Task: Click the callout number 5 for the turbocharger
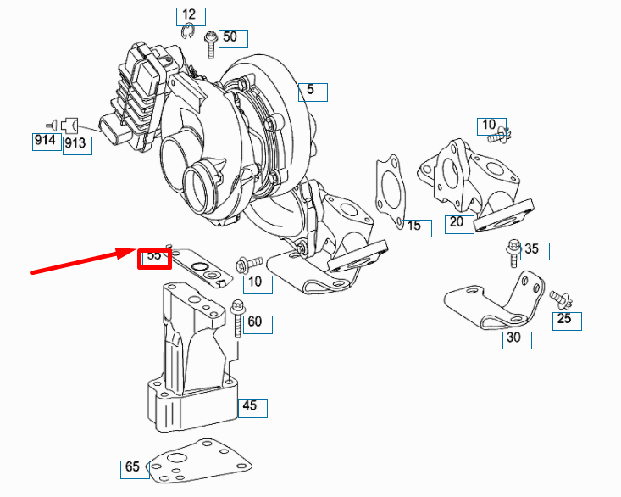(311, 90)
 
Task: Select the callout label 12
(189, 14)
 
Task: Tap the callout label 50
(231, 38)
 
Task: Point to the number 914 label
(45, 141)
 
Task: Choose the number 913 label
(75, 143)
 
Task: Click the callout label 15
(413, 226)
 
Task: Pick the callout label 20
(457, 222)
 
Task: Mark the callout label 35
(531, 249)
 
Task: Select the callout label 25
(564, 320)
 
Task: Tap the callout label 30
(513, 338)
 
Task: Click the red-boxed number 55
(154, 254)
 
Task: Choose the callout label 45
(250, 406)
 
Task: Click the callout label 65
(132, 467)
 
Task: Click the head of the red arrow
(133, 250)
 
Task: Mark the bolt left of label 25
(558, 298)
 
